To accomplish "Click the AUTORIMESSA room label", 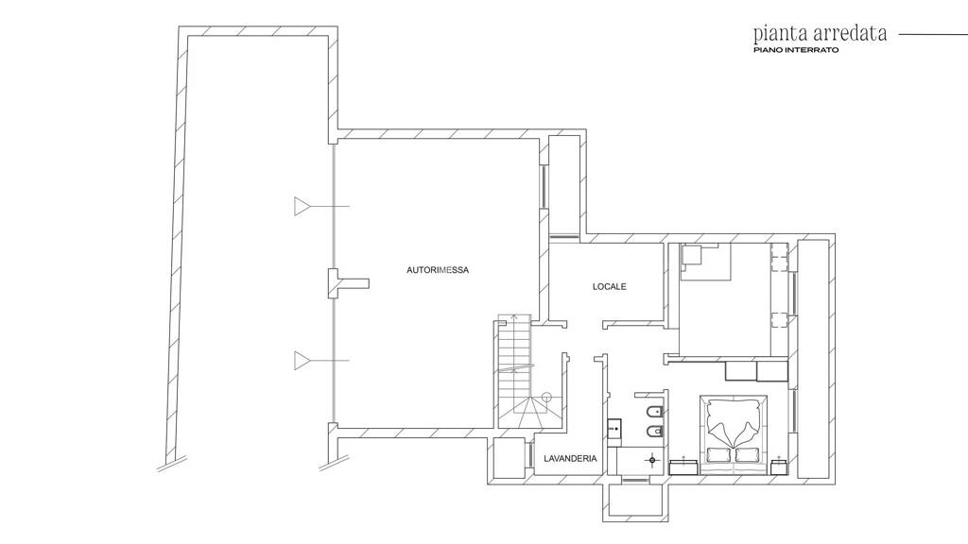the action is coord(437,270).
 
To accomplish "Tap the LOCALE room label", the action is coord(610,286).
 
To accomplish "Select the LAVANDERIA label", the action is coord(570,458).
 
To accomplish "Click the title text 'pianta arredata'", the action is coord(820,33).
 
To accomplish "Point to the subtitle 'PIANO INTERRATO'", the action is coord(796,50).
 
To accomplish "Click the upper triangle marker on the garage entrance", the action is coord(301,206).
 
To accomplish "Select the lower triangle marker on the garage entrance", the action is coord(301,360).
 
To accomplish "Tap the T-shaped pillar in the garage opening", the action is coord(346,283).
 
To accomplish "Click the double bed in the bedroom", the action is coord(734,434).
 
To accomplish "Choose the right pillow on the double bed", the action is coord(747,454).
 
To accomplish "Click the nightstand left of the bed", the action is coord(683,465).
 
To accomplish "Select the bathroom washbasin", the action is coord(614,426).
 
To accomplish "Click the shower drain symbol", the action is coord(652,460).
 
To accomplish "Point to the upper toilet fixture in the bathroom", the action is coord(657,412).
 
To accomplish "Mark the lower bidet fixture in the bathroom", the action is coord(656,431).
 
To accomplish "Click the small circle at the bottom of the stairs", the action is coord(545,398).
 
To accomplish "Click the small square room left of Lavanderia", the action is coord(510,458).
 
